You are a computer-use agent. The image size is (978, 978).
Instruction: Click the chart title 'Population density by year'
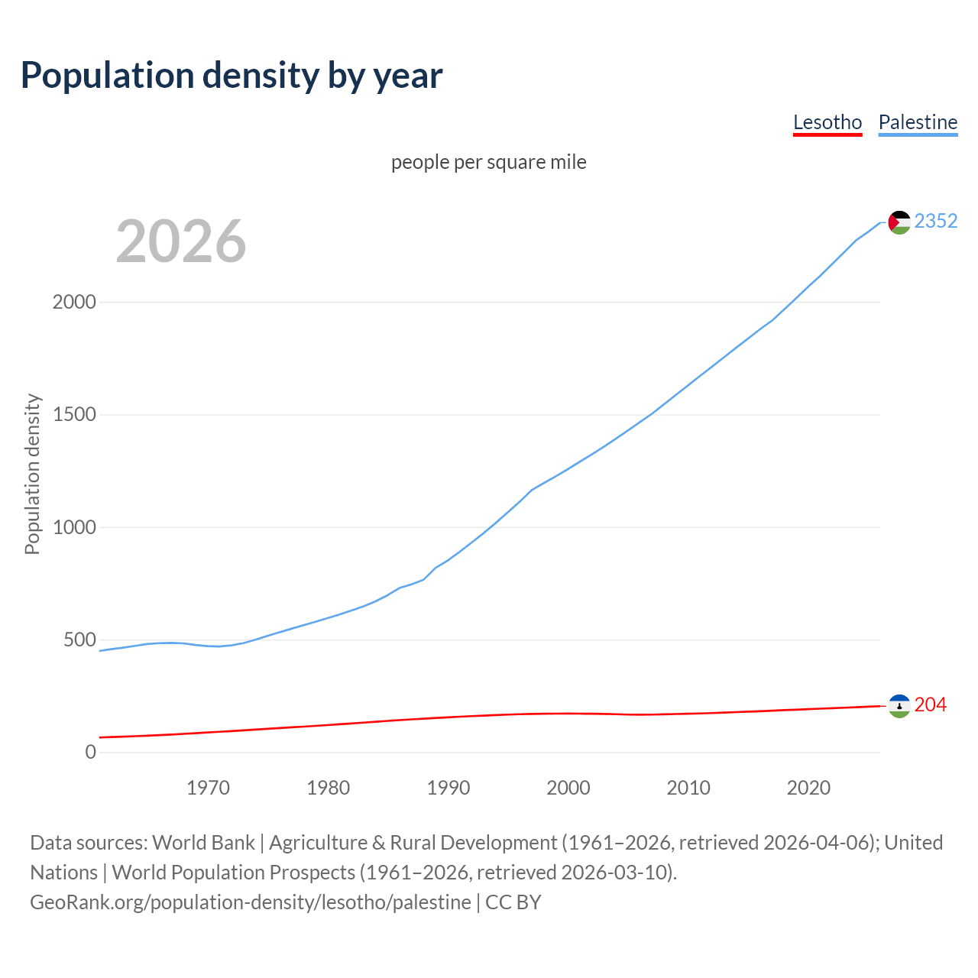(232, 75)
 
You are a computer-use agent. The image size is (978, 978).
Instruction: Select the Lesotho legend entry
(827, 122)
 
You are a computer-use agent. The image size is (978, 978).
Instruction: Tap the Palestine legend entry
(918, 122)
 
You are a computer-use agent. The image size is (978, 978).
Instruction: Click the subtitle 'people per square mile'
(488, 162)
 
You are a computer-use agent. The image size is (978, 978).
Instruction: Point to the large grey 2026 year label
(181, 241)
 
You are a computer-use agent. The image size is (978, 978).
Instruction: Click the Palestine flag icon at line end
(899, 222)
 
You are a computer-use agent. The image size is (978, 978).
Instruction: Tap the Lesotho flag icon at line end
(899, 706)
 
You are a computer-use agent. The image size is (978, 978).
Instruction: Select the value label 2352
(935, 221)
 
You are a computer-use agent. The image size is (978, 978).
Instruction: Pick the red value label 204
(930, 704)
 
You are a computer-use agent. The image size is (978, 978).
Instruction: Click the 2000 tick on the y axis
(74, 302)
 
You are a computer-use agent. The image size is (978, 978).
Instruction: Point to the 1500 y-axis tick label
(74, 414)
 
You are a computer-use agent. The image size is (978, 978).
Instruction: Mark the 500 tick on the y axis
(79, 640)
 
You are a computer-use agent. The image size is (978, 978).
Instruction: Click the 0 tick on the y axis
(91, 752)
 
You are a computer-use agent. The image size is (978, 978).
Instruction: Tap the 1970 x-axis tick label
(208, 787)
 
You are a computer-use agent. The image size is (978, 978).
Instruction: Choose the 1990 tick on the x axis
(449, 787)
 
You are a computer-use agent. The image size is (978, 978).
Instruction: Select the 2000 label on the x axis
(568, 787)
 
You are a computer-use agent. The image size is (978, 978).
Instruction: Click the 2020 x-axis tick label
(808, 787)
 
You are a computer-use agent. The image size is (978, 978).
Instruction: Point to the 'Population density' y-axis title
(32, 474)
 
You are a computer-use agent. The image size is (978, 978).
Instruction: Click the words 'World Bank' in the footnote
(203, 842)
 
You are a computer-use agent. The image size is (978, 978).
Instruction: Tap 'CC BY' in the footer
(513, 902)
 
